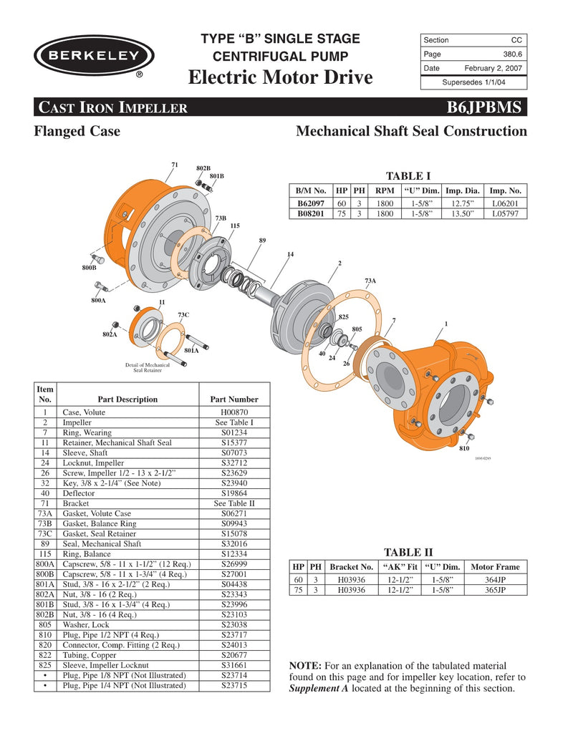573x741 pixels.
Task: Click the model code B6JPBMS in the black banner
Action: (486, 108)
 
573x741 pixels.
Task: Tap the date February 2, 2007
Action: (493, 69)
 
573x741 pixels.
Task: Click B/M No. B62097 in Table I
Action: (311, 203)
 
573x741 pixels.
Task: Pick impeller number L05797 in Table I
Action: (506, 213)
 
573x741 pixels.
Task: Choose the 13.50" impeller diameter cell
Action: (463, 213)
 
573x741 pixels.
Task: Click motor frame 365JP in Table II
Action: (496, 590)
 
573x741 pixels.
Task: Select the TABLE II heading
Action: (409, 552)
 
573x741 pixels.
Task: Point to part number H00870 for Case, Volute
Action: (234, 412)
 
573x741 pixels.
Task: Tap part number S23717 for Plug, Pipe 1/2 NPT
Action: (234, 634)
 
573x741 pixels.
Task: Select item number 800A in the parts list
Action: (45, 563)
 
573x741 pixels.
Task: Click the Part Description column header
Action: (127, 399)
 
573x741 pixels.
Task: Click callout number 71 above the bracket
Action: (174, 165)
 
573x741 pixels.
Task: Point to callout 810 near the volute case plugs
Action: (464, 448)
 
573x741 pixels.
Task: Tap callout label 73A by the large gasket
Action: (370, 281)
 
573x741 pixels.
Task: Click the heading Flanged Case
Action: (77, 131)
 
